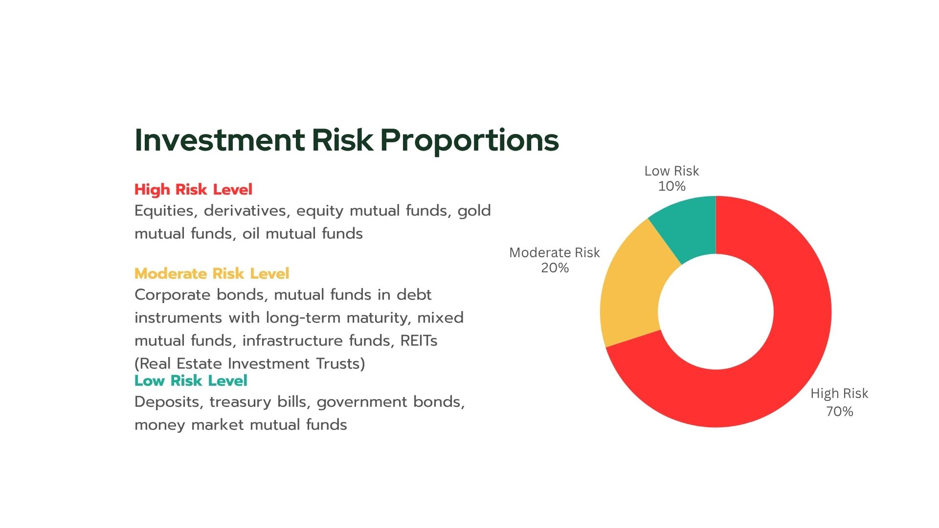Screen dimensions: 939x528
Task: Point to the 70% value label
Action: click(840, 412)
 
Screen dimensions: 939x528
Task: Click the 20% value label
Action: click(555, 268)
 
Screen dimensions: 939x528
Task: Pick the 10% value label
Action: click(672, 186)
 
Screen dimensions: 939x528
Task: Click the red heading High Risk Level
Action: click(193, 190)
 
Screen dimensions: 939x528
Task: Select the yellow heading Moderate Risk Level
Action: click(212, 274)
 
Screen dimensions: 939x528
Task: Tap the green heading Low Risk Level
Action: click(191, 381)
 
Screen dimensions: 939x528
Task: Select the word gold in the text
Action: click(474, 211)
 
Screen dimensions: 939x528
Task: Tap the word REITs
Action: click(419, 341)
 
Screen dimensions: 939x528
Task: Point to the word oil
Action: click(250, 234)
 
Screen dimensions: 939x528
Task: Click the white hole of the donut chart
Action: click(716, 312)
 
